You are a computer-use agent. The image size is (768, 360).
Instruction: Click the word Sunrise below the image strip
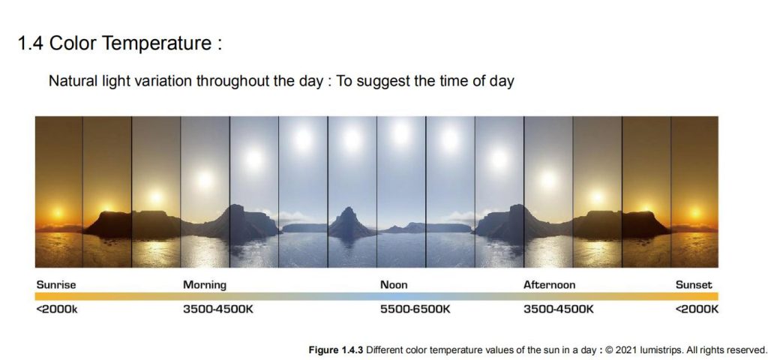click(56, 284)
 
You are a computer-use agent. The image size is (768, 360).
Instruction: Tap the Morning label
click(205, 284)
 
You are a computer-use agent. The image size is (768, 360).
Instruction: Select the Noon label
click(394, 284)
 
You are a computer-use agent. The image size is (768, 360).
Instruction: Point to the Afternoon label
click(549, 284)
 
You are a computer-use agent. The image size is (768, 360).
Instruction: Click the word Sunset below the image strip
click(694, 284)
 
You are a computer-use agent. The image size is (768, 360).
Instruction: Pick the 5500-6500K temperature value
click(415, 309)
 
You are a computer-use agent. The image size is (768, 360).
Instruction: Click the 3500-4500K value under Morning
click(218, 309)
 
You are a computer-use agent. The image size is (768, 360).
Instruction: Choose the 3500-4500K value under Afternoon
click(558, 309)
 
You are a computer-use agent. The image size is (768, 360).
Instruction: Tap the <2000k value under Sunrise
click(57, 309)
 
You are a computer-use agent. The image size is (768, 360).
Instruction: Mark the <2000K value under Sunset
click(697, 309)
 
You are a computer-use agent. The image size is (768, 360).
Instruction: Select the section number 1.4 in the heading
click(31, 43)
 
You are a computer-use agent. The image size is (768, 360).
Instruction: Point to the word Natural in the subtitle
click(67, 81)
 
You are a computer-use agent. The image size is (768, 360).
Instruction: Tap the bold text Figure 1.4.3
click(336, 350)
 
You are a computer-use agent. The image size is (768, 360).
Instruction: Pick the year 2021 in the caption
click(625, 350)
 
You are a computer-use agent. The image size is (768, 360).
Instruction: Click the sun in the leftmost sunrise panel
click(58, 213)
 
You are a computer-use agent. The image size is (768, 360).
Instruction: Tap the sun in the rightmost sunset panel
click(695, 212)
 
